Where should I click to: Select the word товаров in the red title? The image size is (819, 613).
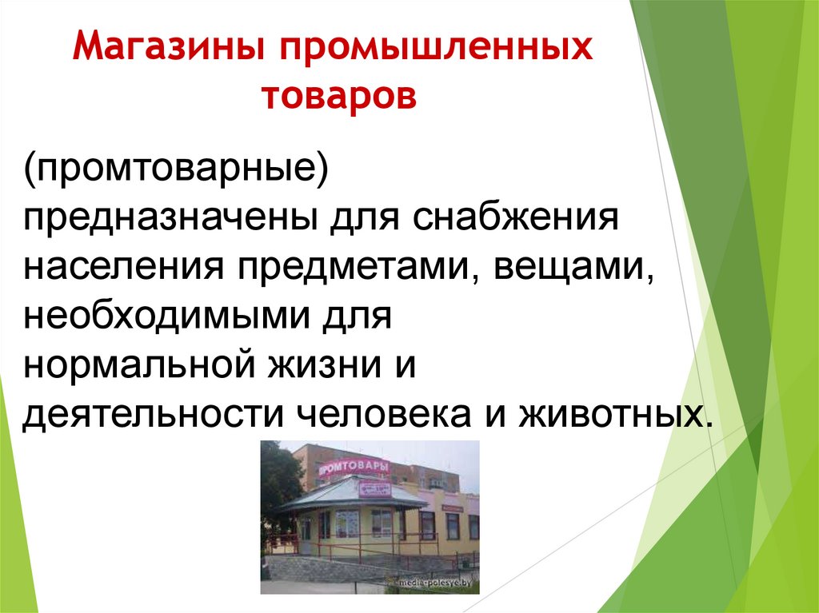pos(339,97)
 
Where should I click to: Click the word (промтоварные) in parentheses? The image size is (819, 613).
pos(175,170)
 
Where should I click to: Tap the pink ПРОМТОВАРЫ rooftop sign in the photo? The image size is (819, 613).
pos(354,466)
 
